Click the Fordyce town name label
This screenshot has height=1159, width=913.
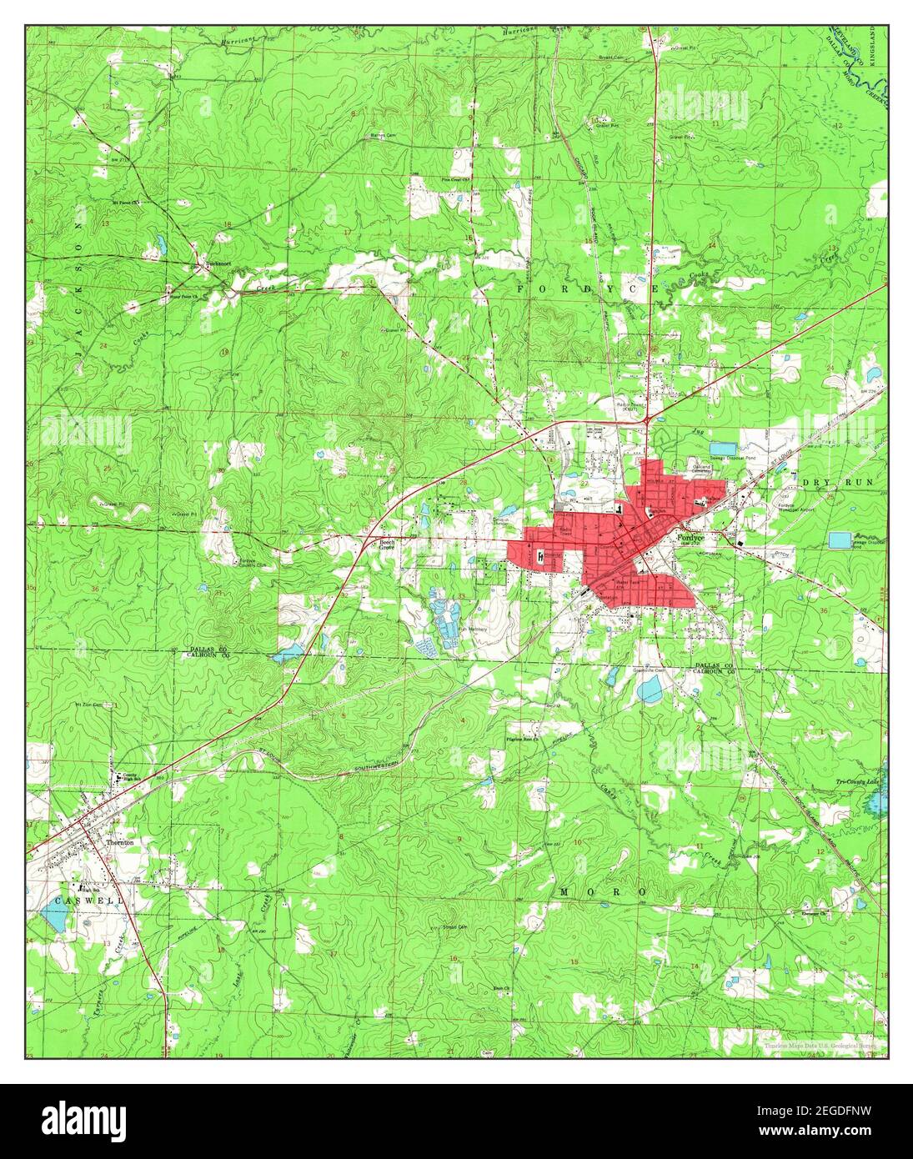[x=690, y=539]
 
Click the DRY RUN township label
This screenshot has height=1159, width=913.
[x=841, y=483]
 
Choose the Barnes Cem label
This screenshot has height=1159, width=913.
[x=383, y=134]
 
